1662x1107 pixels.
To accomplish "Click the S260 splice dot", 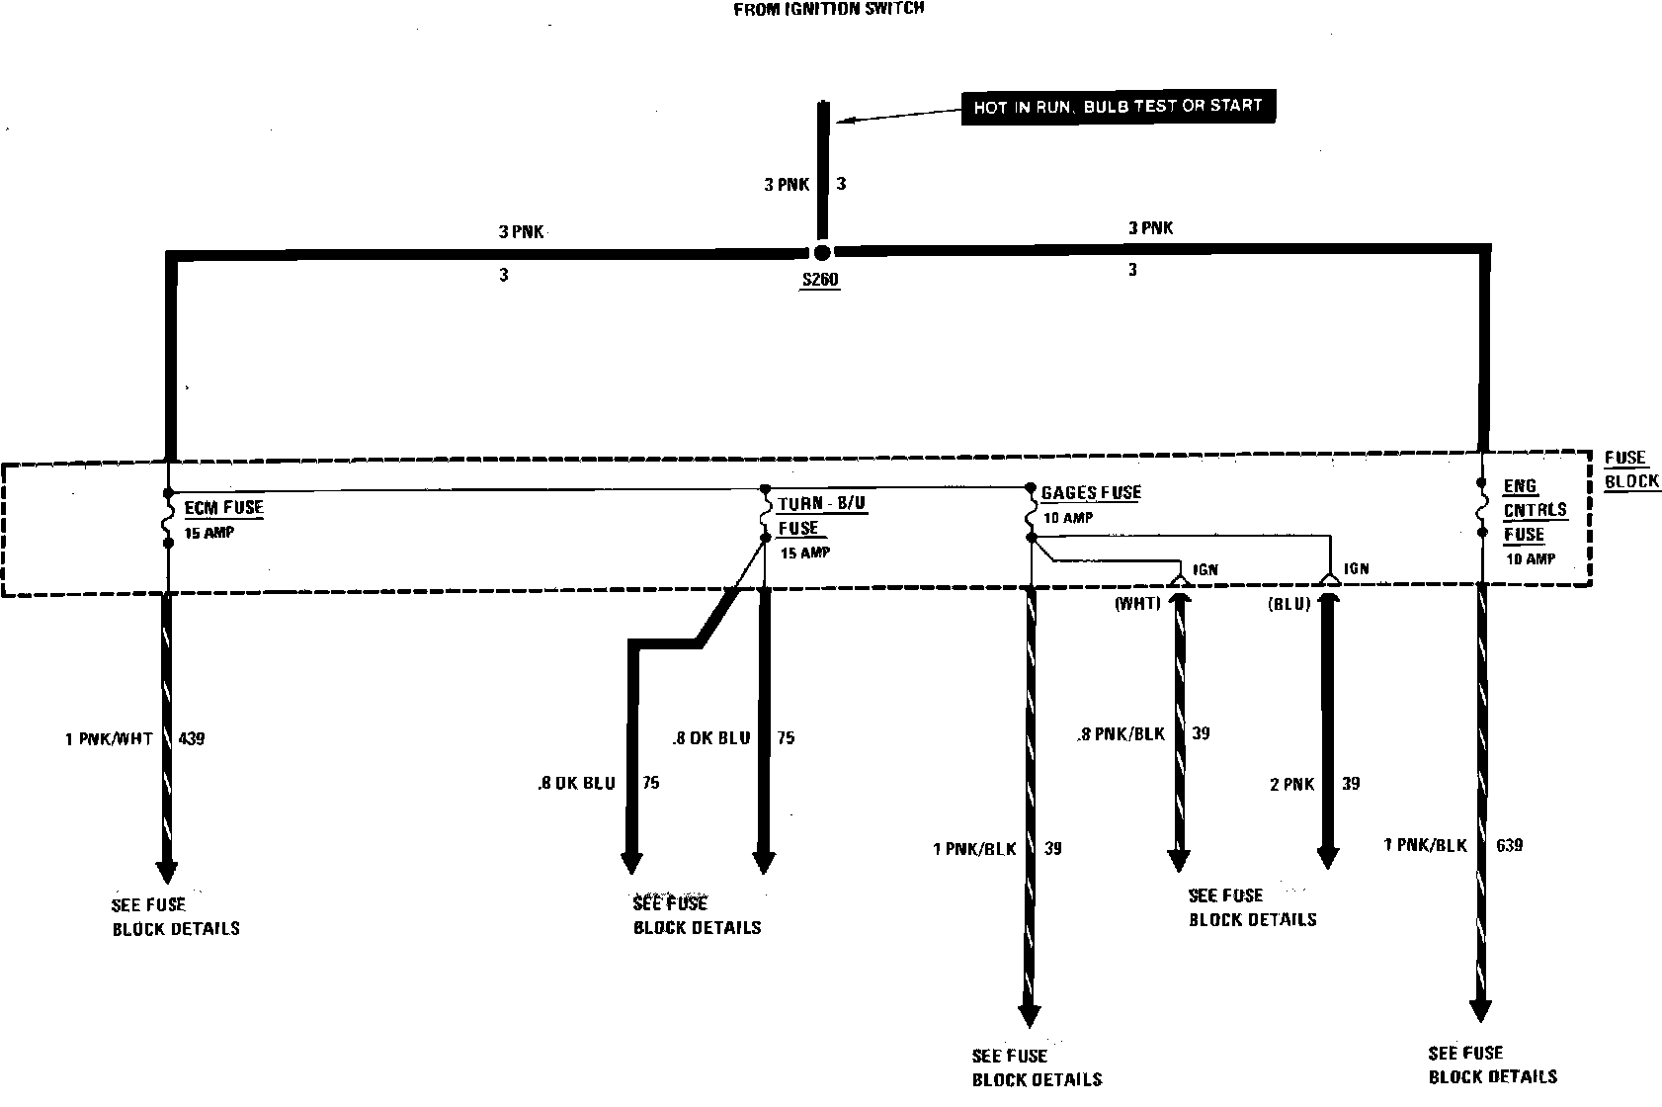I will [821, 253].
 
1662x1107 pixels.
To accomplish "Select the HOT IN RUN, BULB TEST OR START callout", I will [1118, 106].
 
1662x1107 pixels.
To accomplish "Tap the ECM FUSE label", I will [224, 508].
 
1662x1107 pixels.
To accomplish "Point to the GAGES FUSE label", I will [1091, 492].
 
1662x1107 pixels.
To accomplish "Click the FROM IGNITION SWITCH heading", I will [828, 10].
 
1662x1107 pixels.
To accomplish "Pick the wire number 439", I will [191, 738].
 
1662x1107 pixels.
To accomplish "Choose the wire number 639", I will [1509, 845].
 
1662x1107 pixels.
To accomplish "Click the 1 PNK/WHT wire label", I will [109, 738].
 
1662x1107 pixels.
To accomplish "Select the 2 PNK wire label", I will [1291, 784].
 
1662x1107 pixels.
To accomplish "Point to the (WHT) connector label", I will [1137, 603].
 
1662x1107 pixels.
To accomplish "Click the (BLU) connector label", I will [1288, 603].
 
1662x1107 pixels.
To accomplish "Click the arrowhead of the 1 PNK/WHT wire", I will [167, 872].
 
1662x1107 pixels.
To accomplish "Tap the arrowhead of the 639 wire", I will [1480, 1010].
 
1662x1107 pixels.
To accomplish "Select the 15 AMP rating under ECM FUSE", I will [209, 533].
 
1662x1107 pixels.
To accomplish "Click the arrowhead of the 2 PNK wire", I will [1328, 857].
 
